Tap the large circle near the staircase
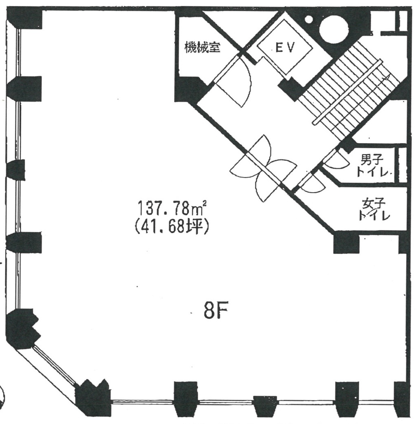[334, 30]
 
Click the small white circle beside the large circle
[309, 19]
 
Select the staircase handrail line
[348, 93]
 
